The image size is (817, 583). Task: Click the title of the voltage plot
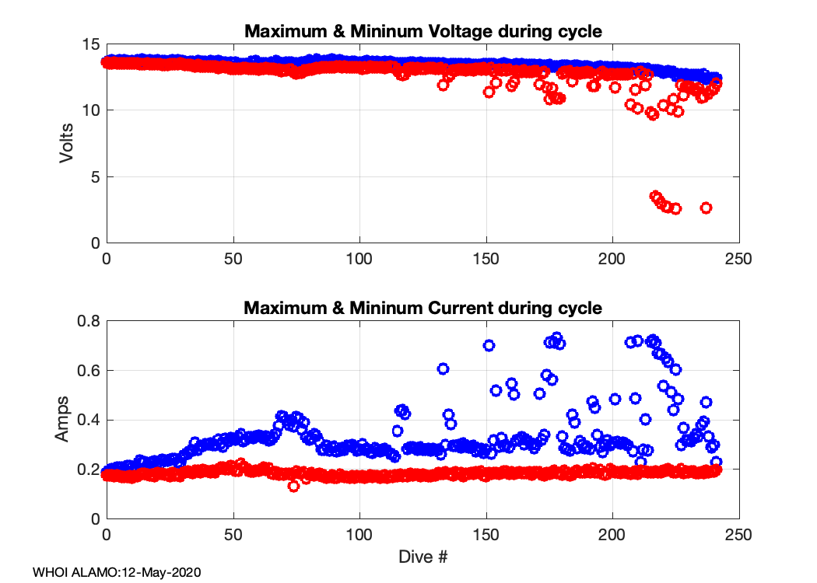coord(423,32)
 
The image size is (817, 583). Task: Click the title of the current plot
coord(423,308)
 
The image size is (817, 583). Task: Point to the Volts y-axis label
coord(68,143)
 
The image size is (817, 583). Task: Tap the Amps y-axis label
coord(62,419)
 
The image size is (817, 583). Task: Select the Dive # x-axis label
coord(423,557)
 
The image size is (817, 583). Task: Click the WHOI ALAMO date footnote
coord(117,573)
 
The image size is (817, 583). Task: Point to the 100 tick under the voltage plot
coord(359,259)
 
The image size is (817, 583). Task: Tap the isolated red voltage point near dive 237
coord(706,208)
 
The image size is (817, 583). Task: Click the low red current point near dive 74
coord(293,487)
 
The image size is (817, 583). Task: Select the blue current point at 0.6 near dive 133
coord(443,368)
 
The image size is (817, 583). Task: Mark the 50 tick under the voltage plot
coord(233,259)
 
